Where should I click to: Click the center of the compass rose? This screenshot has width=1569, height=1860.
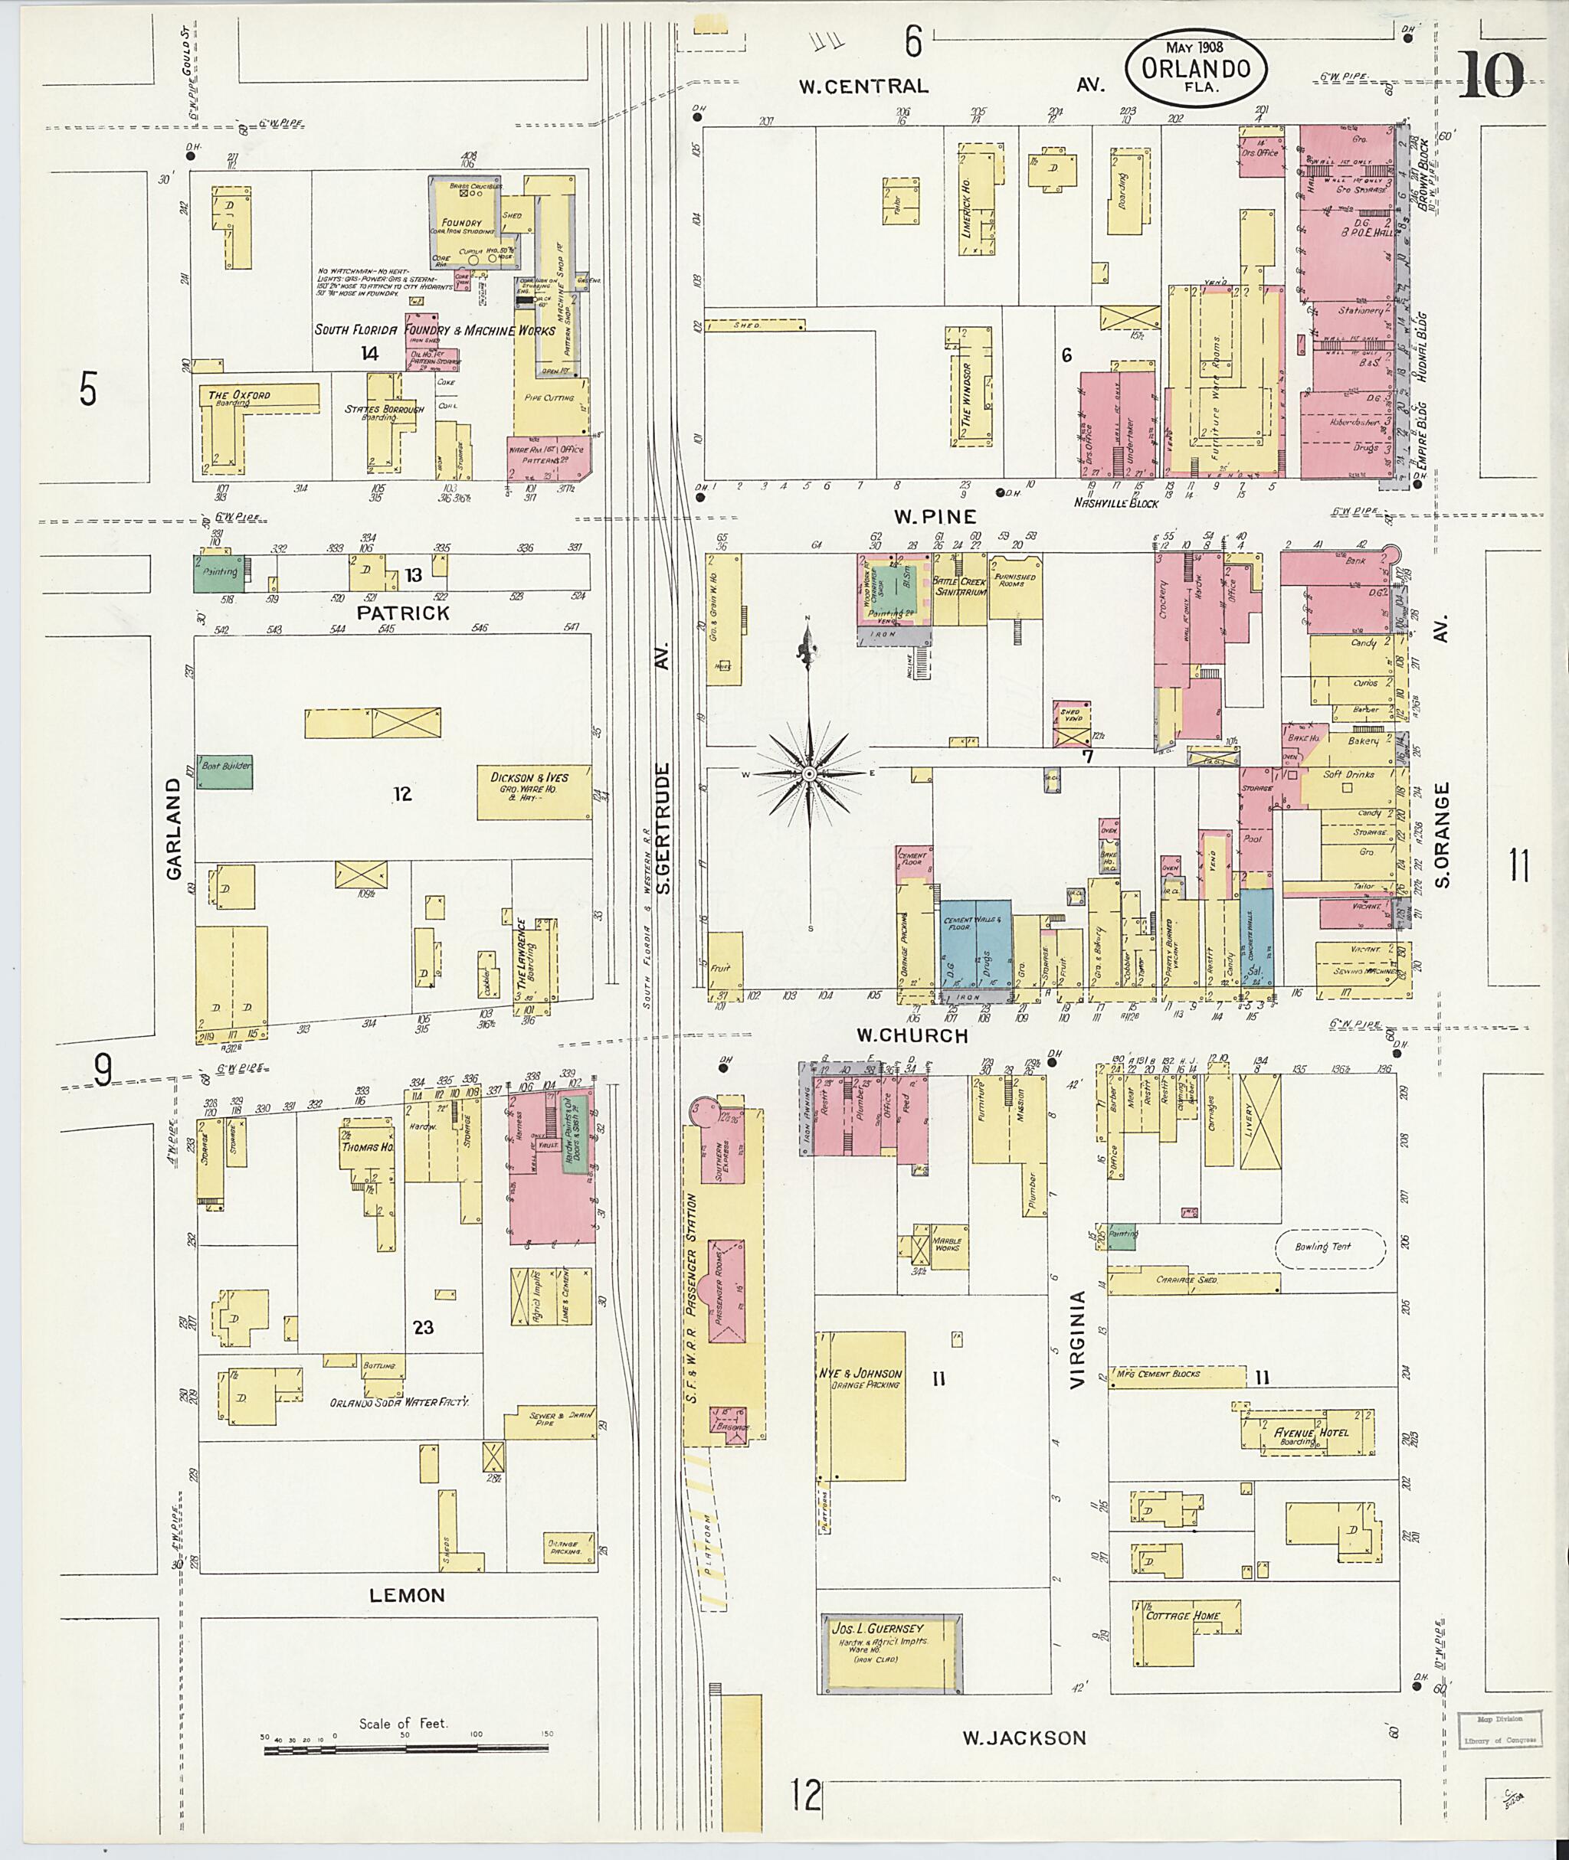click(x=810, y=774)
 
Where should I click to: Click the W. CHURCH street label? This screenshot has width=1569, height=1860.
click(x=912, y=1036)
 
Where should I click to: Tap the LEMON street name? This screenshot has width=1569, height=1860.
click(x=407, y=1595)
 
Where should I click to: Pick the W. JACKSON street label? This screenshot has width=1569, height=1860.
click(x=1024, y=1738)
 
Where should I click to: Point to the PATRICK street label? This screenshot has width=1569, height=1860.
click(x=403, y=613)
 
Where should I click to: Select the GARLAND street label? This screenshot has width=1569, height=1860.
click(x=172, y=829)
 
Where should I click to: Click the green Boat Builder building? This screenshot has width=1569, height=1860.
click(x=224, y=771)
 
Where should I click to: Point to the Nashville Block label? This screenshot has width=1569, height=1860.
click(x=1115, y=503)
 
